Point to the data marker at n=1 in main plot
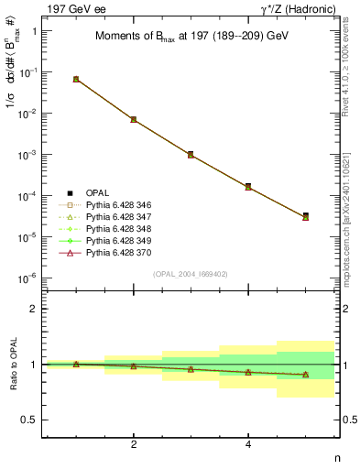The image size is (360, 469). pos(76,80)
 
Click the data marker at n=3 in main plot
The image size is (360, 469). pos(191,155)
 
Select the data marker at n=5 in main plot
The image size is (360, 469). pos(305,216)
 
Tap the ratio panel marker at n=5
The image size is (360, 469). pos(305,374)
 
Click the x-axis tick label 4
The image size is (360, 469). pos(248,444)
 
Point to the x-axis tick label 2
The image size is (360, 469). pos(134,444)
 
